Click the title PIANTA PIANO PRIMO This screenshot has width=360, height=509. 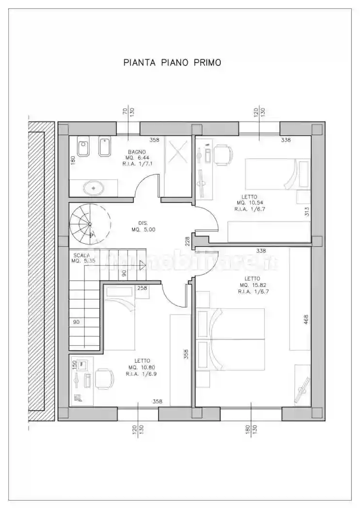click(172, 63)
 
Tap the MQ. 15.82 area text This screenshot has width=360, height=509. click(250, 285)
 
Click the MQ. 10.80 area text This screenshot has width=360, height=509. click(141, 367)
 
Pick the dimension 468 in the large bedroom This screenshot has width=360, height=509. click(306, 320)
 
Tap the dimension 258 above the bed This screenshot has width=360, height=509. click(142, 288)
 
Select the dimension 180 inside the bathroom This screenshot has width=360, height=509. click(73, 160)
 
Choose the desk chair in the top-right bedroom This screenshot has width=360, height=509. click(223, 154)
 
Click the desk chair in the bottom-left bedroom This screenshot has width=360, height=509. click(102, 378)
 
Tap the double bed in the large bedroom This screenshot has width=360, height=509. click(233, 338)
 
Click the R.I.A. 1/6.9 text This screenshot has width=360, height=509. click(141, 374)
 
